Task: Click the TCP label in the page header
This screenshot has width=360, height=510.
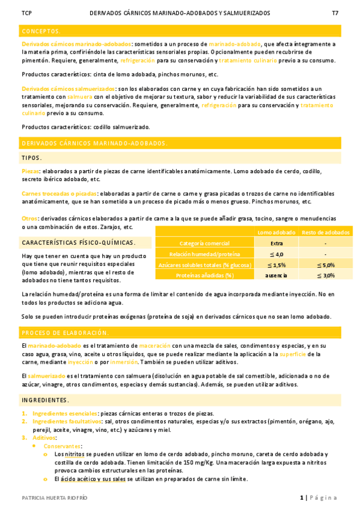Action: point(26,13)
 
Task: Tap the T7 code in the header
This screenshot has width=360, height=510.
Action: point(335,13)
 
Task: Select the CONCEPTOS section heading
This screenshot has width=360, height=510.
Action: point(41,31)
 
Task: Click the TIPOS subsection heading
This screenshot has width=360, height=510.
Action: point(31,158)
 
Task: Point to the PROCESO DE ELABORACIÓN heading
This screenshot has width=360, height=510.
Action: point(65,333)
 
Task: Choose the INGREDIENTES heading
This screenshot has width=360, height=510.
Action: point(45,400)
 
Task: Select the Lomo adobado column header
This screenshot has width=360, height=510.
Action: point(276,232)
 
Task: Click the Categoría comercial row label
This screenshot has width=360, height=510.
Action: point(205,243)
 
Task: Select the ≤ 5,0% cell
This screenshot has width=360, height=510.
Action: point(325,265)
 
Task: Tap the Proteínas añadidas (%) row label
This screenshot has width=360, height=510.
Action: point(204,275)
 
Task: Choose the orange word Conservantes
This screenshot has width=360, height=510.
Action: point(63,446)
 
